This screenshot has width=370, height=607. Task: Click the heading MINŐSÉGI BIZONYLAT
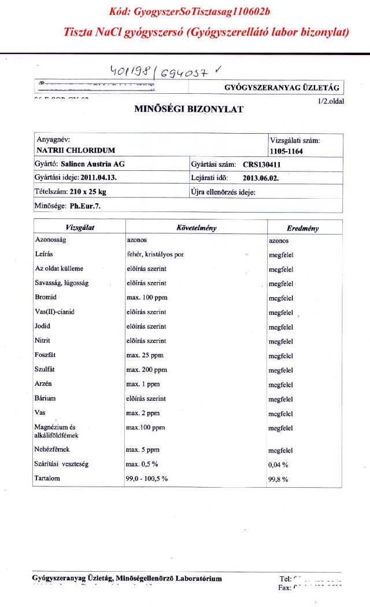(188, 109)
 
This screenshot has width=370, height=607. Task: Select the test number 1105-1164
(287, 151)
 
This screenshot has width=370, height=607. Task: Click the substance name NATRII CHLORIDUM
(76, 151)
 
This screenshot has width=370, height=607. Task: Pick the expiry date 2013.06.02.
(261, 178)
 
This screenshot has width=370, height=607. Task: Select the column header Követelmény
(197, 228)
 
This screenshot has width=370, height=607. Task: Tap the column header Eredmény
(302, 228)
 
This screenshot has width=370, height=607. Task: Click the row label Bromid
(46, 298)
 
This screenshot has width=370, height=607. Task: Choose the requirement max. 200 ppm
(146, 370)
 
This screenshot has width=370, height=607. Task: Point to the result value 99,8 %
(279, 480)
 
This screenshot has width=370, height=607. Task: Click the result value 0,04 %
(279, 465)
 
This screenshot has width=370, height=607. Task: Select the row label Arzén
(44, 385)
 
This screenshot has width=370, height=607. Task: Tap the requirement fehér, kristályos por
(155, 254)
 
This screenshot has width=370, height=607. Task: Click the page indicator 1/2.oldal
(331, 101)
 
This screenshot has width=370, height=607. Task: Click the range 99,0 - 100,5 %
(147, 479)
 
